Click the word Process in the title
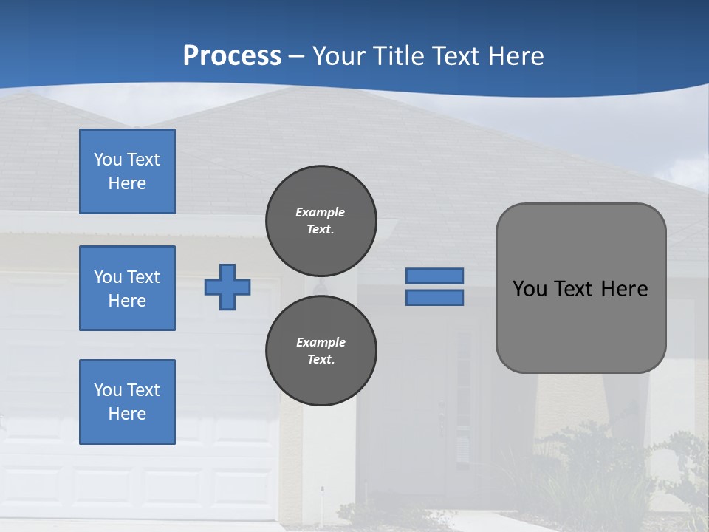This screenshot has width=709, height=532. (x=232, y=56)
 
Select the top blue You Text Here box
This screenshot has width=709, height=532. (x=127, y=171)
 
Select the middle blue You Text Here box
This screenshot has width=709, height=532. (x=127, y=288)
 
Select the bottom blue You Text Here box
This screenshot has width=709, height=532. (x=127, y=402)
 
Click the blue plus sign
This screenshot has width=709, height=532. (x=227, y=287)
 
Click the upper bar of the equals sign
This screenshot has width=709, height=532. (x=435, y=276)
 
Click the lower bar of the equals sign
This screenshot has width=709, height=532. (x=435, y=298)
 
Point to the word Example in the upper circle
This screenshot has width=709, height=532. (x=321, y=212)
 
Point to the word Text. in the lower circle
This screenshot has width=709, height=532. (x=321, y=360)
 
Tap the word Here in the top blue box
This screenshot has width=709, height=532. (x=127, y=183)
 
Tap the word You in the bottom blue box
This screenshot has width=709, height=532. (x=108, y=390)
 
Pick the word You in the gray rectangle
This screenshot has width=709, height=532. (x=530, y=289)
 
